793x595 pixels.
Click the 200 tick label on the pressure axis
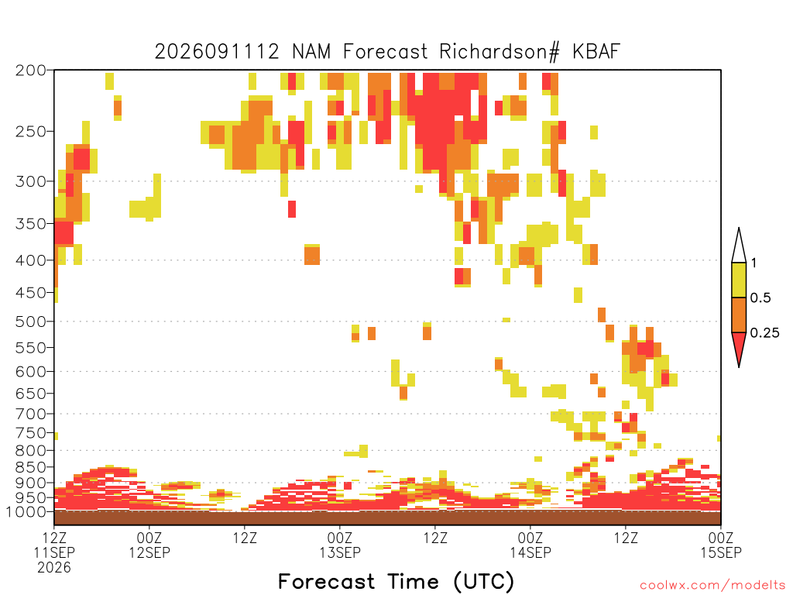click(x=31, y=71)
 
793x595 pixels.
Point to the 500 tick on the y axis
click(x=31, y=322)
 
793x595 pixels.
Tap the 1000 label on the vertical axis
click(x=26, y=512)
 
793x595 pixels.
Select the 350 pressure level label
click(x=31, y=224)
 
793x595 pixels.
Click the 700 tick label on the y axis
click(x=31, y=414)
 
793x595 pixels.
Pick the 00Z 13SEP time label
click(x=340, y=545)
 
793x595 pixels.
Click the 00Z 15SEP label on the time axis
click(x=721, y=545)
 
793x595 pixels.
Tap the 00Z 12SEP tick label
click(x=149, y=545)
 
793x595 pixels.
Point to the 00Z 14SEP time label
click(x=530, y=545)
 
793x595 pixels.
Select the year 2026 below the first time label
click(x=54, y=568)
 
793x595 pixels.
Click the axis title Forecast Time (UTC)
click(x=396, y=582)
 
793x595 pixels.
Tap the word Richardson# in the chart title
click(x=499, y=52)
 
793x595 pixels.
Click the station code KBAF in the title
click(x=596, y=52)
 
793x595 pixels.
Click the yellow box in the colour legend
click(x=739, y=280)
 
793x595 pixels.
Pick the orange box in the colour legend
click(x=739, y=315)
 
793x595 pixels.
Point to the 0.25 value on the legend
click(x=764, y=333)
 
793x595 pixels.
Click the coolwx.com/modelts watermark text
click(x=712, y=586)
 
